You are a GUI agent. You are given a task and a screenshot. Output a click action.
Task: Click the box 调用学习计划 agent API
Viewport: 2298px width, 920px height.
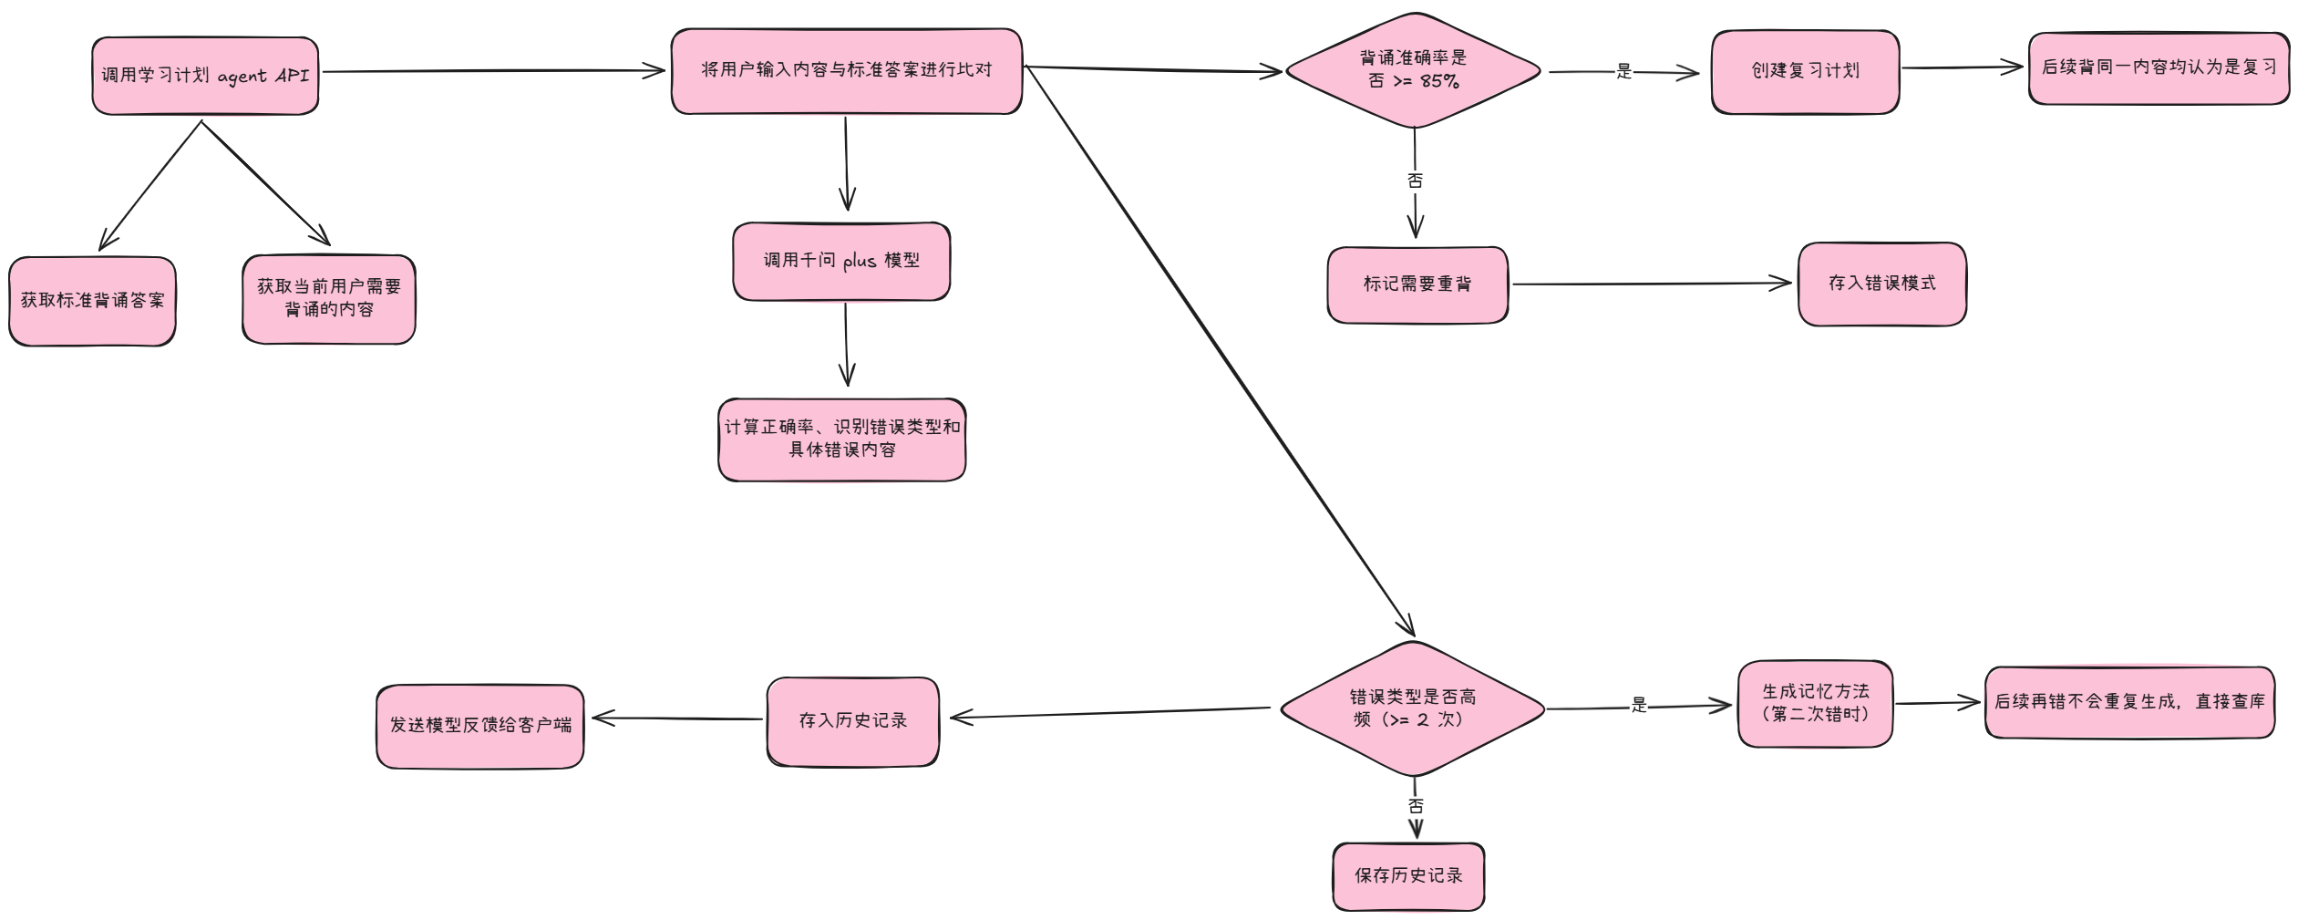pos(205,76)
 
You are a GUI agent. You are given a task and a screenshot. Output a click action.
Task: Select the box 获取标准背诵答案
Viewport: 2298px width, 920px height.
pos(92,301)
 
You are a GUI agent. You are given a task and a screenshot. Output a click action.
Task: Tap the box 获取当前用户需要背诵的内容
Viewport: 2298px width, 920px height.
pos(329,298)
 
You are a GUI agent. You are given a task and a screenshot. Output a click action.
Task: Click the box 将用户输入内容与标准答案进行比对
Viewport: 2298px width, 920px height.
pos(846,70)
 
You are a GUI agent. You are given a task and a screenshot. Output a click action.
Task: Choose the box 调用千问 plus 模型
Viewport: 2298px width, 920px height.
pos(841,261)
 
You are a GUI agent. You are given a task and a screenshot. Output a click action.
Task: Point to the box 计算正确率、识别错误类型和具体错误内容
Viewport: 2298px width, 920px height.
pos(841,439)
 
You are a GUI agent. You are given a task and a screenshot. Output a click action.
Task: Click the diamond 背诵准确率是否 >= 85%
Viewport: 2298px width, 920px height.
pos(1413,70)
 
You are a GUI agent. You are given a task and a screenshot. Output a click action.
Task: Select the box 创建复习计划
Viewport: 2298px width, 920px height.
pos(1805,71)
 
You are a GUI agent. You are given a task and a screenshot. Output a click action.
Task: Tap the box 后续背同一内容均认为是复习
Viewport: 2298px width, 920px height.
pos(2158,67)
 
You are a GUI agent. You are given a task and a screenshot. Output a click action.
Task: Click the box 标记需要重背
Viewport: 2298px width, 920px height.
pos(1417,284)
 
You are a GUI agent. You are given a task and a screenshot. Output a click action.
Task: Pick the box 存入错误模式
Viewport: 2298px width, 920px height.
pos(1881,284)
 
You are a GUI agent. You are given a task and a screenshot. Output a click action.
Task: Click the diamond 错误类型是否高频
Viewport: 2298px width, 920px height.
pos(1412,708)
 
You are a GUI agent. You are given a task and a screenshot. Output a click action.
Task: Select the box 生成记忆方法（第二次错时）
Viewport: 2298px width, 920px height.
pos(1815,703)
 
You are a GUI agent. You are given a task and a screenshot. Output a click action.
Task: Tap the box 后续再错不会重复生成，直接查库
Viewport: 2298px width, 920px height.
pos(2128,701)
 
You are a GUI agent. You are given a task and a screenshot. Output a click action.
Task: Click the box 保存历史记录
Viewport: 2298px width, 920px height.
pos(1408,875)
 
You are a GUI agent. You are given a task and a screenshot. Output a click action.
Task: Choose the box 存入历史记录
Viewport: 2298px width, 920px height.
pos(852,720)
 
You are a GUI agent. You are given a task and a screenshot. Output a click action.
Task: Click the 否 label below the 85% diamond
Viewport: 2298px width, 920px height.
pos(1415,181)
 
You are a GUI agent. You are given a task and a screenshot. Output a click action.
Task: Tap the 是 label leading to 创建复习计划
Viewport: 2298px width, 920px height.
pos(1623,71)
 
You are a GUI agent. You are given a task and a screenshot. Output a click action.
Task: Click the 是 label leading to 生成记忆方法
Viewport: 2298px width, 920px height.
pos(1638,705)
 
